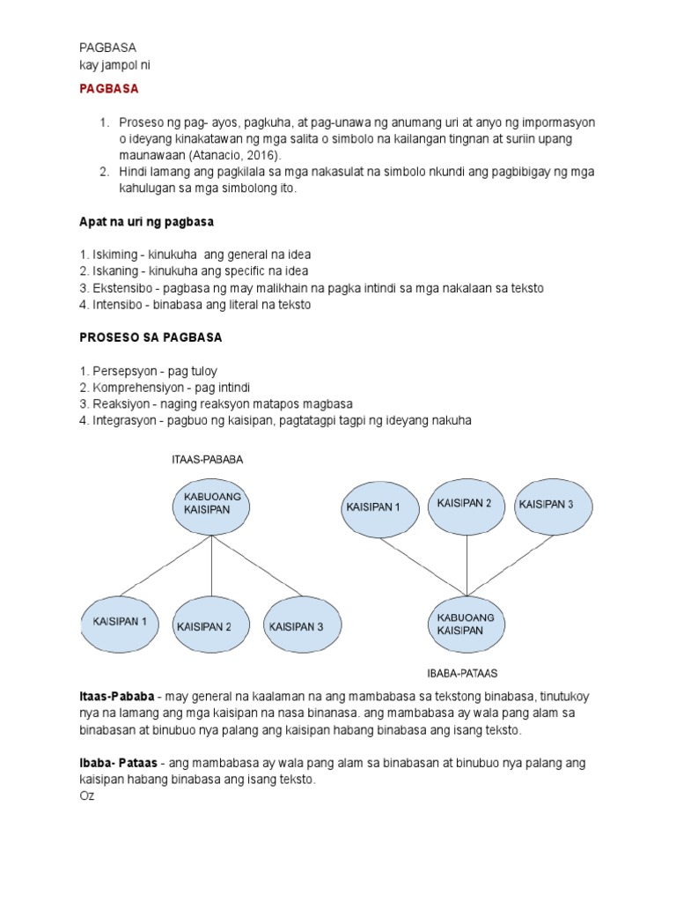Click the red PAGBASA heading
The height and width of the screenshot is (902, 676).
(109, 89)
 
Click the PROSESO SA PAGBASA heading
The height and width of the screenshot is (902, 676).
(151, 337)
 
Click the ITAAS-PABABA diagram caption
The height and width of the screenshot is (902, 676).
(207, 460)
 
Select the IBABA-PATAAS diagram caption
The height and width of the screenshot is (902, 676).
(462, 674)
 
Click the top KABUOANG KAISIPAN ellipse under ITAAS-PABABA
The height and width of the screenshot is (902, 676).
(211, 504)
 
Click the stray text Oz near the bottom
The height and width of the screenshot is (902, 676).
(86, 796)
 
